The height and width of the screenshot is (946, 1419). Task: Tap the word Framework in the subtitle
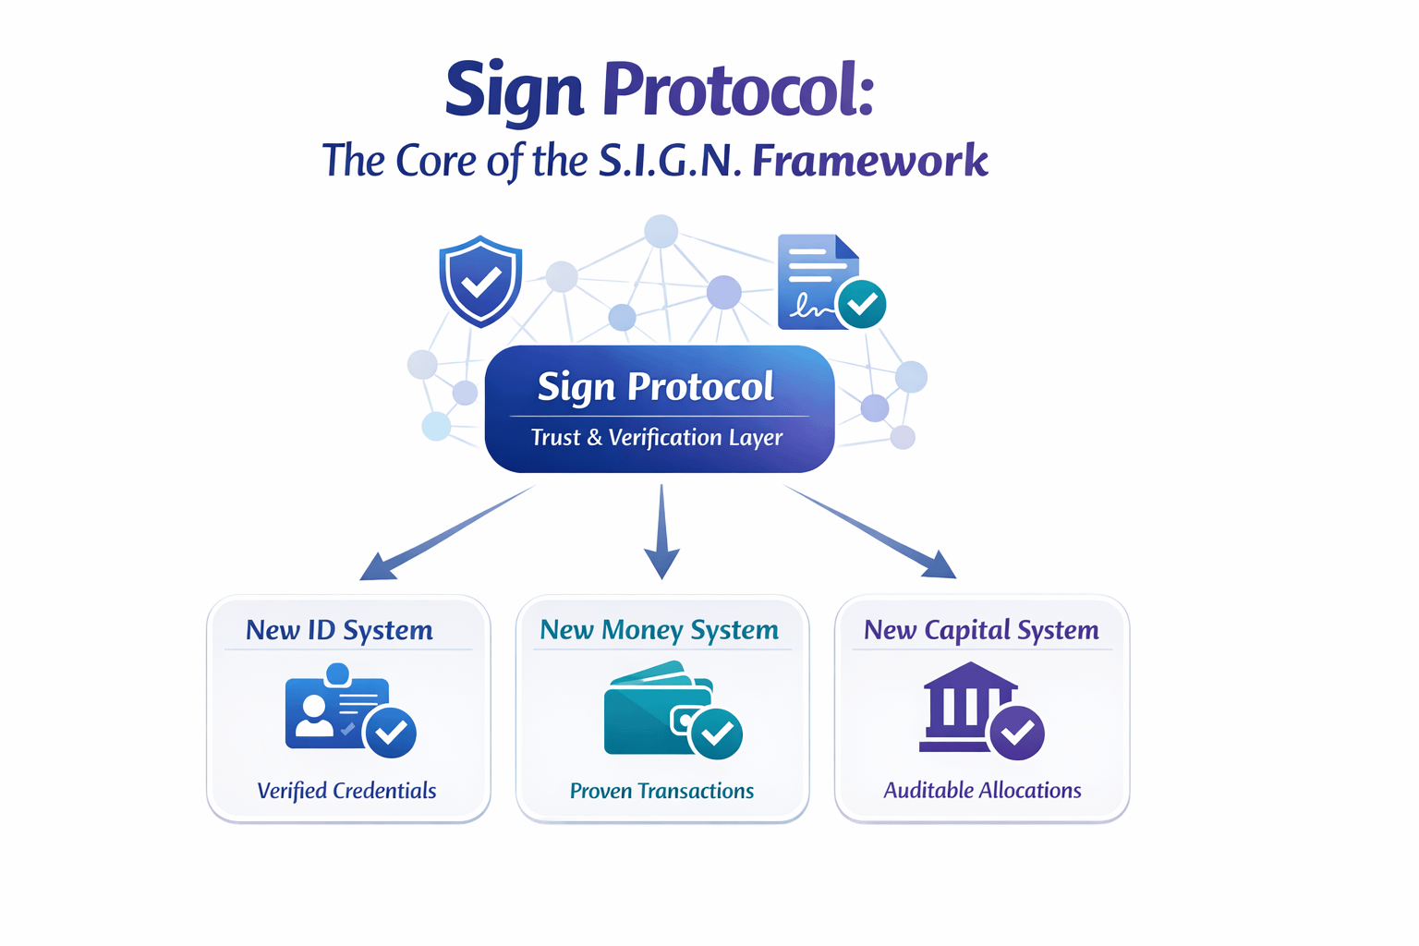click(870, 161)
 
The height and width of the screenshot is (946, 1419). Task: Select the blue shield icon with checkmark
click(480, 281)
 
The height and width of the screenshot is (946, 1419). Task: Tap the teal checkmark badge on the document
click(862, 304)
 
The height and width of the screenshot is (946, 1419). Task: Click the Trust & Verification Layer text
click(657, 438)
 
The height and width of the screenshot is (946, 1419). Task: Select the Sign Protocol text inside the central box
click(656, 387)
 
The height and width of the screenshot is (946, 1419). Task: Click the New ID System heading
click(339, 630)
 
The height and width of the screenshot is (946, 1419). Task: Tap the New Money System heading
click(660, 630)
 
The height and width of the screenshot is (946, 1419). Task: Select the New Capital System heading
click(981, 630)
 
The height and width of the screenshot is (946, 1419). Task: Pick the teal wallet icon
click(658, 709)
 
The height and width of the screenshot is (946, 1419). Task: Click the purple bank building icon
click(965, 708)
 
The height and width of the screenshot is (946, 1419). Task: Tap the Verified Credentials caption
click(346, 791)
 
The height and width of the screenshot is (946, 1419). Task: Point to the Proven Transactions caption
click(661, 791)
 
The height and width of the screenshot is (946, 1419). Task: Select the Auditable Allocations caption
click(982, 791)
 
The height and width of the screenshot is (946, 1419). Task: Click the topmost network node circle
click(661, 231)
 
